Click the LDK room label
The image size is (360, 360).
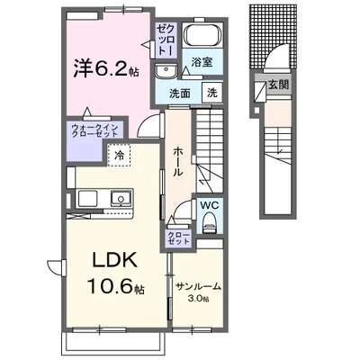[x=115, y=260]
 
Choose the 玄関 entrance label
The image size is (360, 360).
[x=278, y=85]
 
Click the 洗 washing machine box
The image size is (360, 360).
[x=212, y=93]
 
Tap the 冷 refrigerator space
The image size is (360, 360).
[x=119, y=155]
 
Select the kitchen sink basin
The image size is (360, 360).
[x=121, y=198]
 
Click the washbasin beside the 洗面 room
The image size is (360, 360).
[x=165, y=71]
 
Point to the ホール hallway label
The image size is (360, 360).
[x=177, y=162]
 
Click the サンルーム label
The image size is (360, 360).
[x=198, y=287]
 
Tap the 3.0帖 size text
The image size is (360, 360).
[x=198, y=299]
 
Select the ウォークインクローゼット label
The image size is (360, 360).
[x=94, y=131]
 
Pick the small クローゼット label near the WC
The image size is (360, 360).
[x=178, y=238]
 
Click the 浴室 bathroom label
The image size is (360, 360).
[x=202, y=62]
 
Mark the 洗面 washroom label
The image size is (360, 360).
[x=180, y=94]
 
